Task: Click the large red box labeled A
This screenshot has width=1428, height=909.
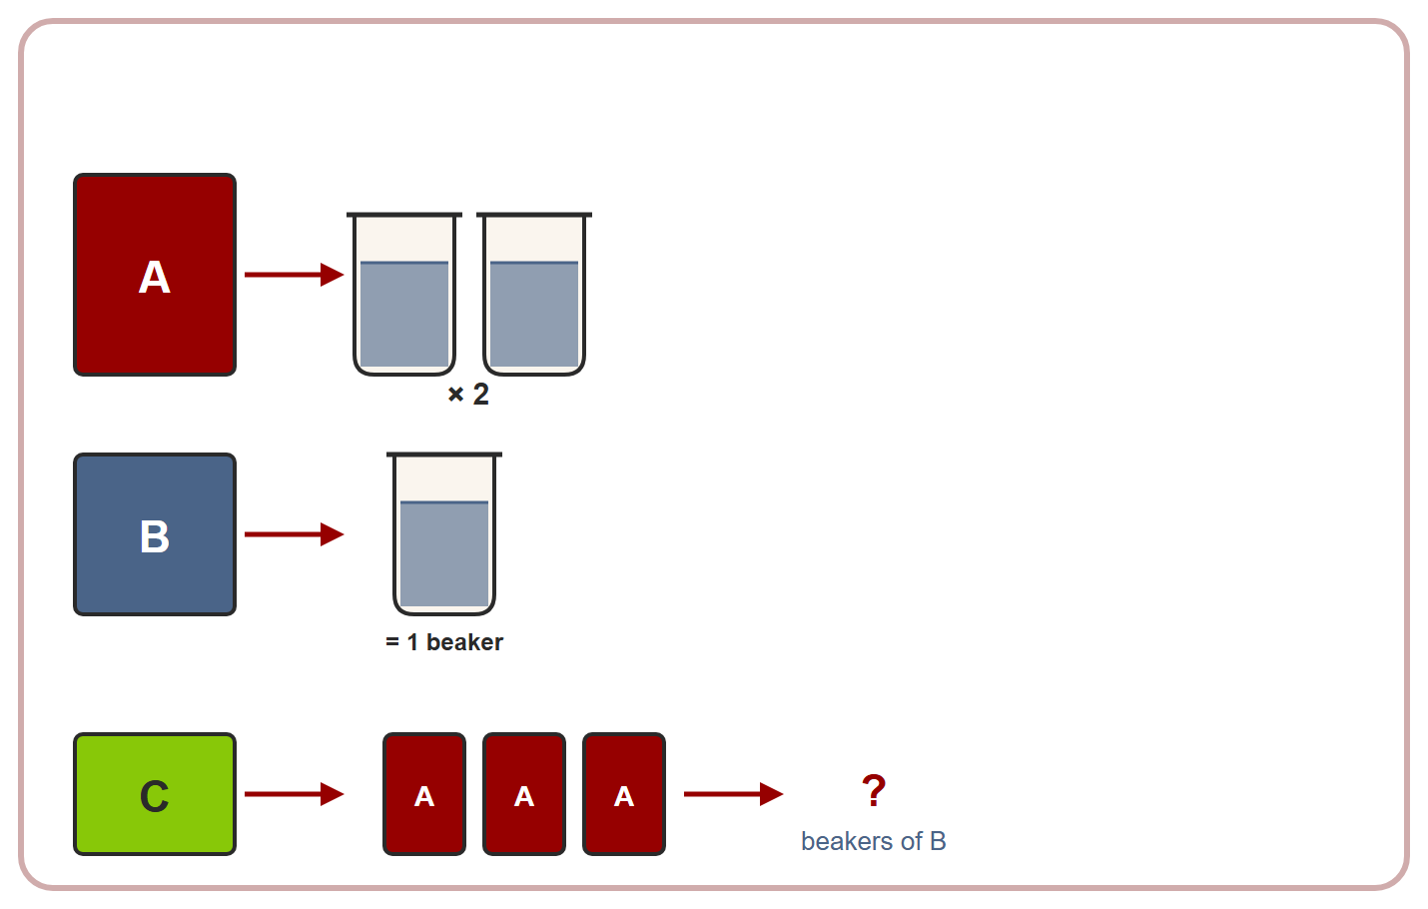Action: [x=155, y=275]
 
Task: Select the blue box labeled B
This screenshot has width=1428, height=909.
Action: [x=155, y=534]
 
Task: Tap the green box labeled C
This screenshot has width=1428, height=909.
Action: [x=155, y=794]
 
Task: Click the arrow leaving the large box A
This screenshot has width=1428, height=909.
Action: [x=294, y=275]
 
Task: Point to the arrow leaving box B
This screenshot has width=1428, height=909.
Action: [x=294, y=534]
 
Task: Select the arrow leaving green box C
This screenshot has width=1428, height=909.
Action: [x=294, y=794]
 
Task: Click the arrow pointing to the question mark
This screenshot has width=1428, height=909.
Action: [x=733, y=794]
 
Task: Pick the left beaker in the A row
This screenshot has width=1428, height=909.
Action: [x=404, y=294]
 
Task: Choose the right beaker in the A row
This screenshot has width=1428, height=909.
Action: [x=534, y=294]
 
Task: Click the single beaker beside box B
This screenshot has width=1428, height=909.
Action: [x=444, y=534]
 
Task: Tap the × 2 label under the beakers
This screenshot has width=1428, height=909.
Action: [x=468, y=395]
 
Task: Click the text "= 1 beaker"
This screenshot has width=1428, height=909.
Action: [x=444, y=642]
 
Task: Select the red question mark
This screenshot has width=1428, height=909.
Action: [x=874, y=791]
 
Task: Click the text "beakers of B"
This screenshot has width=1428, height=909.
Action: [x=874, y=841]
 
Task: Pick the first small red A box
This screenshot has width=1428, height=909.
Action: [x=424, y=794]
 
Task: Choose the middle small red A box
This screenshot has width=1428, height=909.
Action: [x=524, y=794]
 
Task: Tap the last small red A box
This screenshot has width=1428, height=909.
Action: [x=624, y=794]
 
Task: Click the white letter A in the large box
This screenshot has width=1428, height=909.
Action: [x=154, y=278]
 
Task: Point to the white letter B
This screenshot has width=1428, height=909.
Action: [x=155, y=536]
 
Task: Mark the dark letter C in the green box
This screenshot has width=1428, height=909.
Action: [x=154, y=796]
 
